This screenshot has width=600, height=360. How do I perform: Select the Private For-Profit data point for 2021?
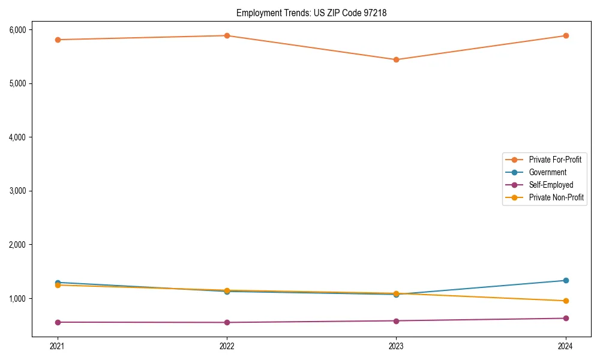58,40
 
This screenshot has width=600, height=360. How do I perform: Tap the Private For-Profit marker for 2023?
396,59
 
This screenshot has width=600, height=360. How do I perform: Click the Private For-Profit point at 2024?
565,35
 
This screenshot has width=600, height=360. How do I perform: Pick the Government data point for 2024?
565,280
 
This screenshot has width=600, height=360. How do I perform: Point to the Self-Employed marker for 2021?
58,322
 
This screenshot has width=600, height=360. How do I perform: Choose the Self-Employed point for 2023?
396,320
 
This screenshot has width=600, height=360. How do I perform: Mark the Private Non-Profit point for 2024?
565,301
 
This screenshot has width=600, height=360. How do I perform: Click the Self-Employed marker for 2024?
565,318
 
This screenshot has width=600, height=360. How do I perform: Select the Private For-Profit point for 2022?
227,35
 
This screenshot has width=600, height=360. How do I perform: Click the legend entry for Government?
547,172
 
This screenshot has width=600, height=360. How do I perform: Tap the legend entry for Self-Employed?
551,185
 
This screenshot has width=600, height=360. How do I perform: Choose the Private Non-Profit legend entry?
556,197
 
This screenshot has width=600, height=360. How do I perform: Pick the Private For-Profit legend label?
555,160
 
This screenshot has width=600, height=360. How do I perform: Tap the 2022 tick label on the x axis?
227,346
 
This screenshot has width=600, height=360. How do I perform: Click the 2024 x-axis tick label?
565,346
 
